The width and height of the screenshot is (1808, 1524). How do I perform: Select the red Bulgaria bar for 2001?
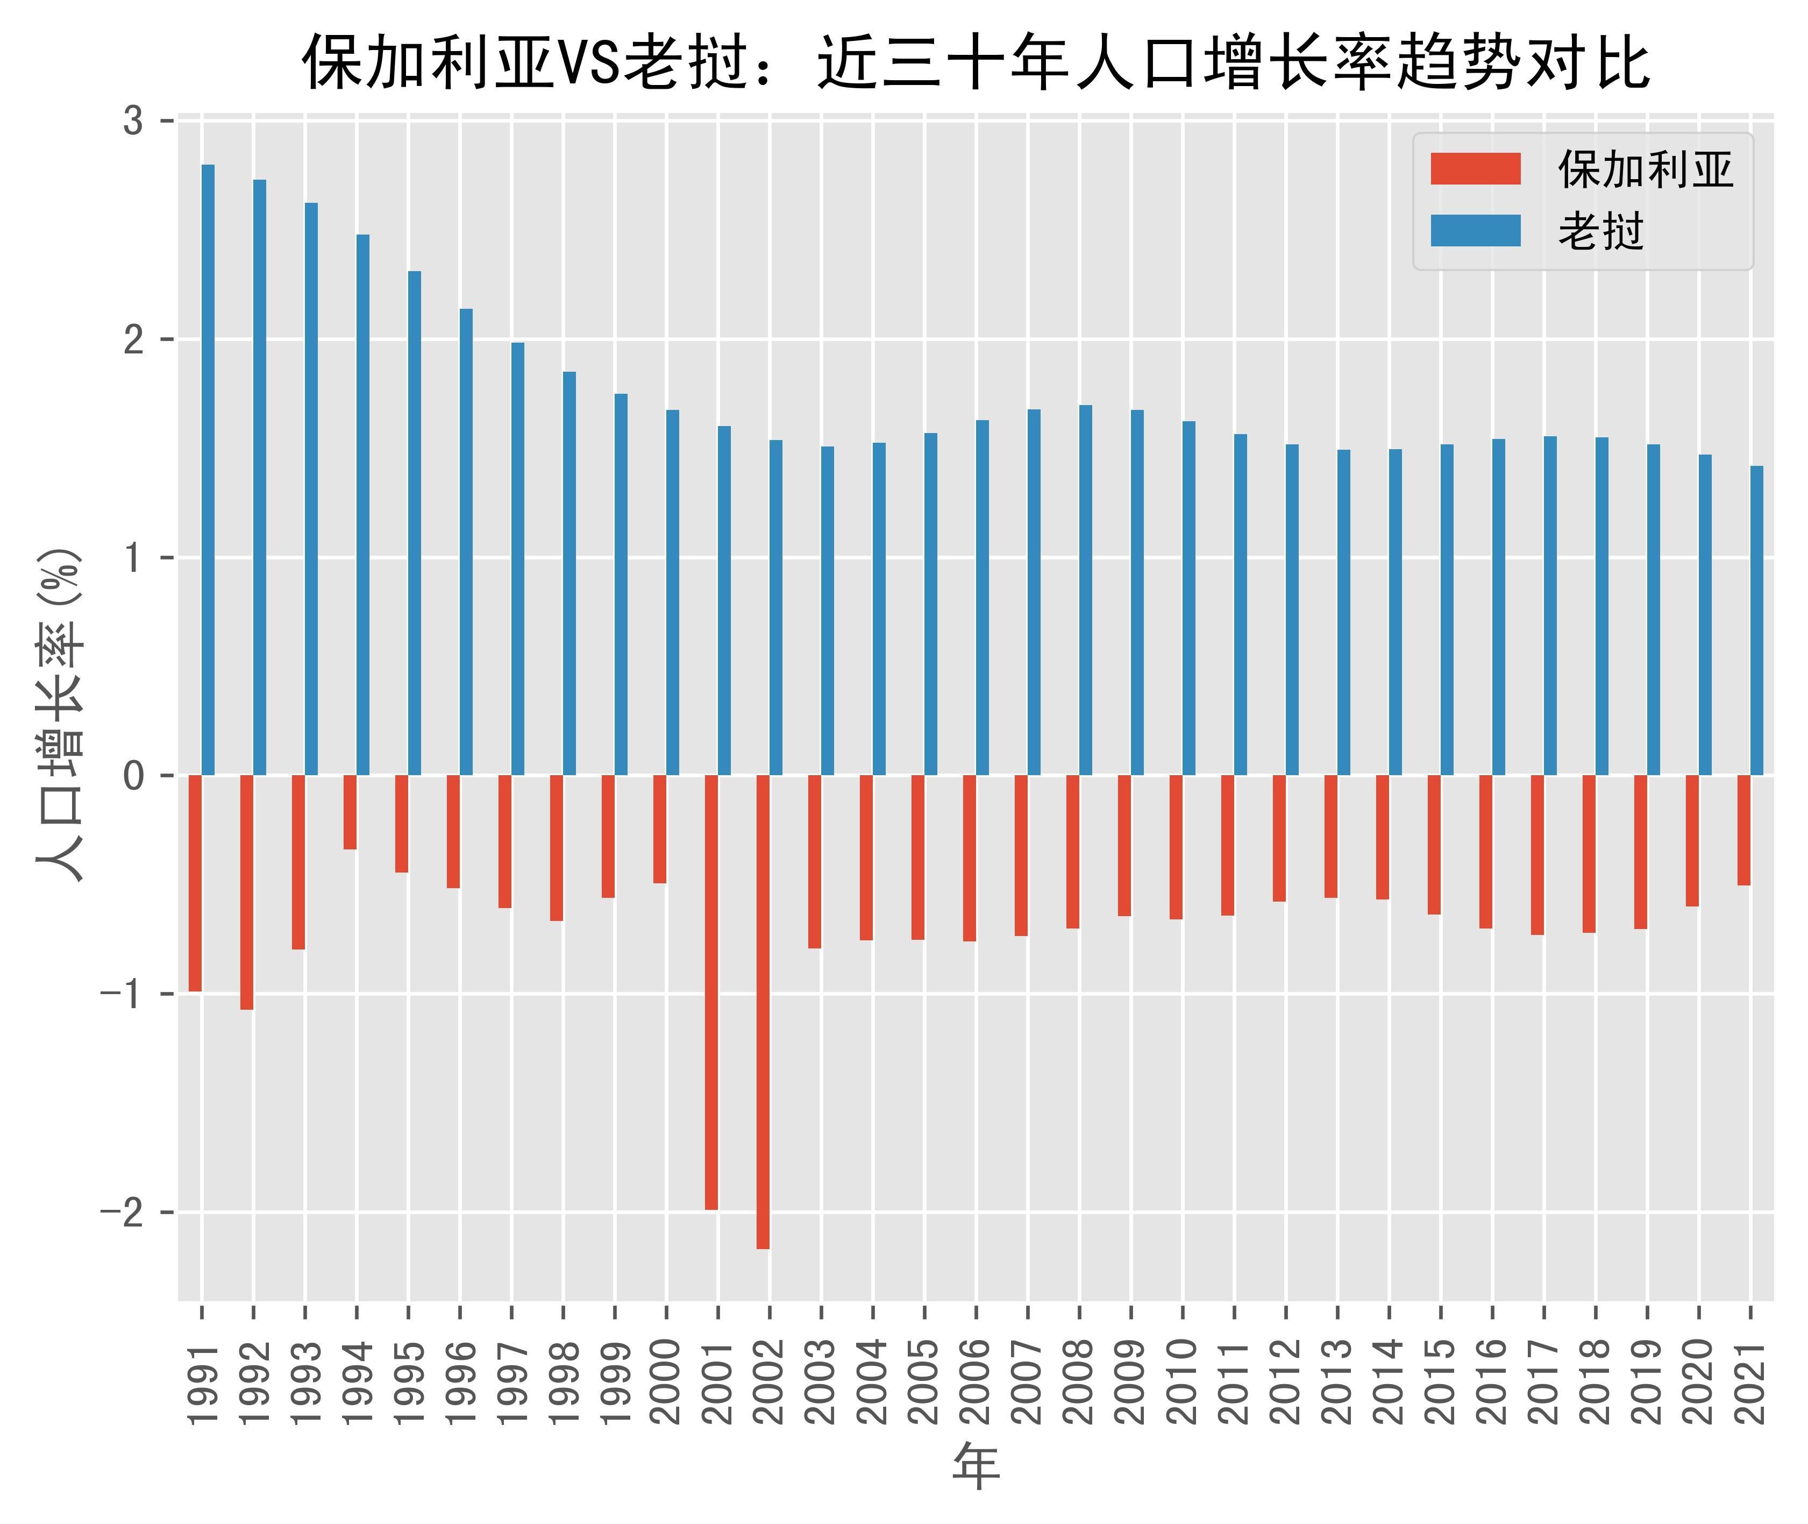[711, 992]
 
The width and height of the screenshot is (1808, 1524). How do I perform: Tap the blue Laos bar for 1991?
[208, 470]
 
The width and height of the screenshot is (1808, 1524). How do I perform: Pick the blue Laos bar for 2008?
[1086, 590]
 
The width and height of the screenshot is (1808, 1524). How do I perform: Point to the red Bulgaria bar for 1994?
[350, 812]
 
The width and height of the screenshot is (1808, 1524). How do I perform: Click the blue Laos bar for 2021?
[1756, 620]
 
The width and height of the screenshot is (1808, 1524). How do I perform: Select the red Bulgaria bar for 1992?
[247, 891]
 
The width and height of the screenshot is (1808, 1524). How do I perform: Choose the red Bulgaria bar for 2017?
[1537, 854]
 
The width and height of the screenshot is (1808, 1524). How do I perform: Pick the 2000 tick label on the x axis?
[666, 1383]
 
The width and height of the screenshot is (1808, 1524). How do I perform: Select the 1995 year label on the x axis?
[409, 1383]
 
